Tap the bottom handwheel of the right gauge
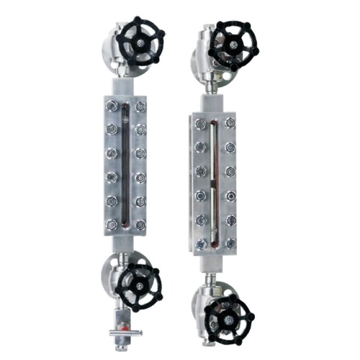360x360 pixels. point(229,316)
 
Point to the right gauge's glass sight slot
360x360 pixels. point(213,184)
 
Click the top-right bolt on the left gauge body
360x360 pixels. point(140,107)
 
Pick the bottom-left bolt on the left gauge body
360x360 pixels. point(110,226)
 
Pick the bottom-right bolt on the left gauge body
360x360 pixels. point(140,225)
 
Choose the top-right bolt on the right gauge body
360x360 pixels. point(230,123)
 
